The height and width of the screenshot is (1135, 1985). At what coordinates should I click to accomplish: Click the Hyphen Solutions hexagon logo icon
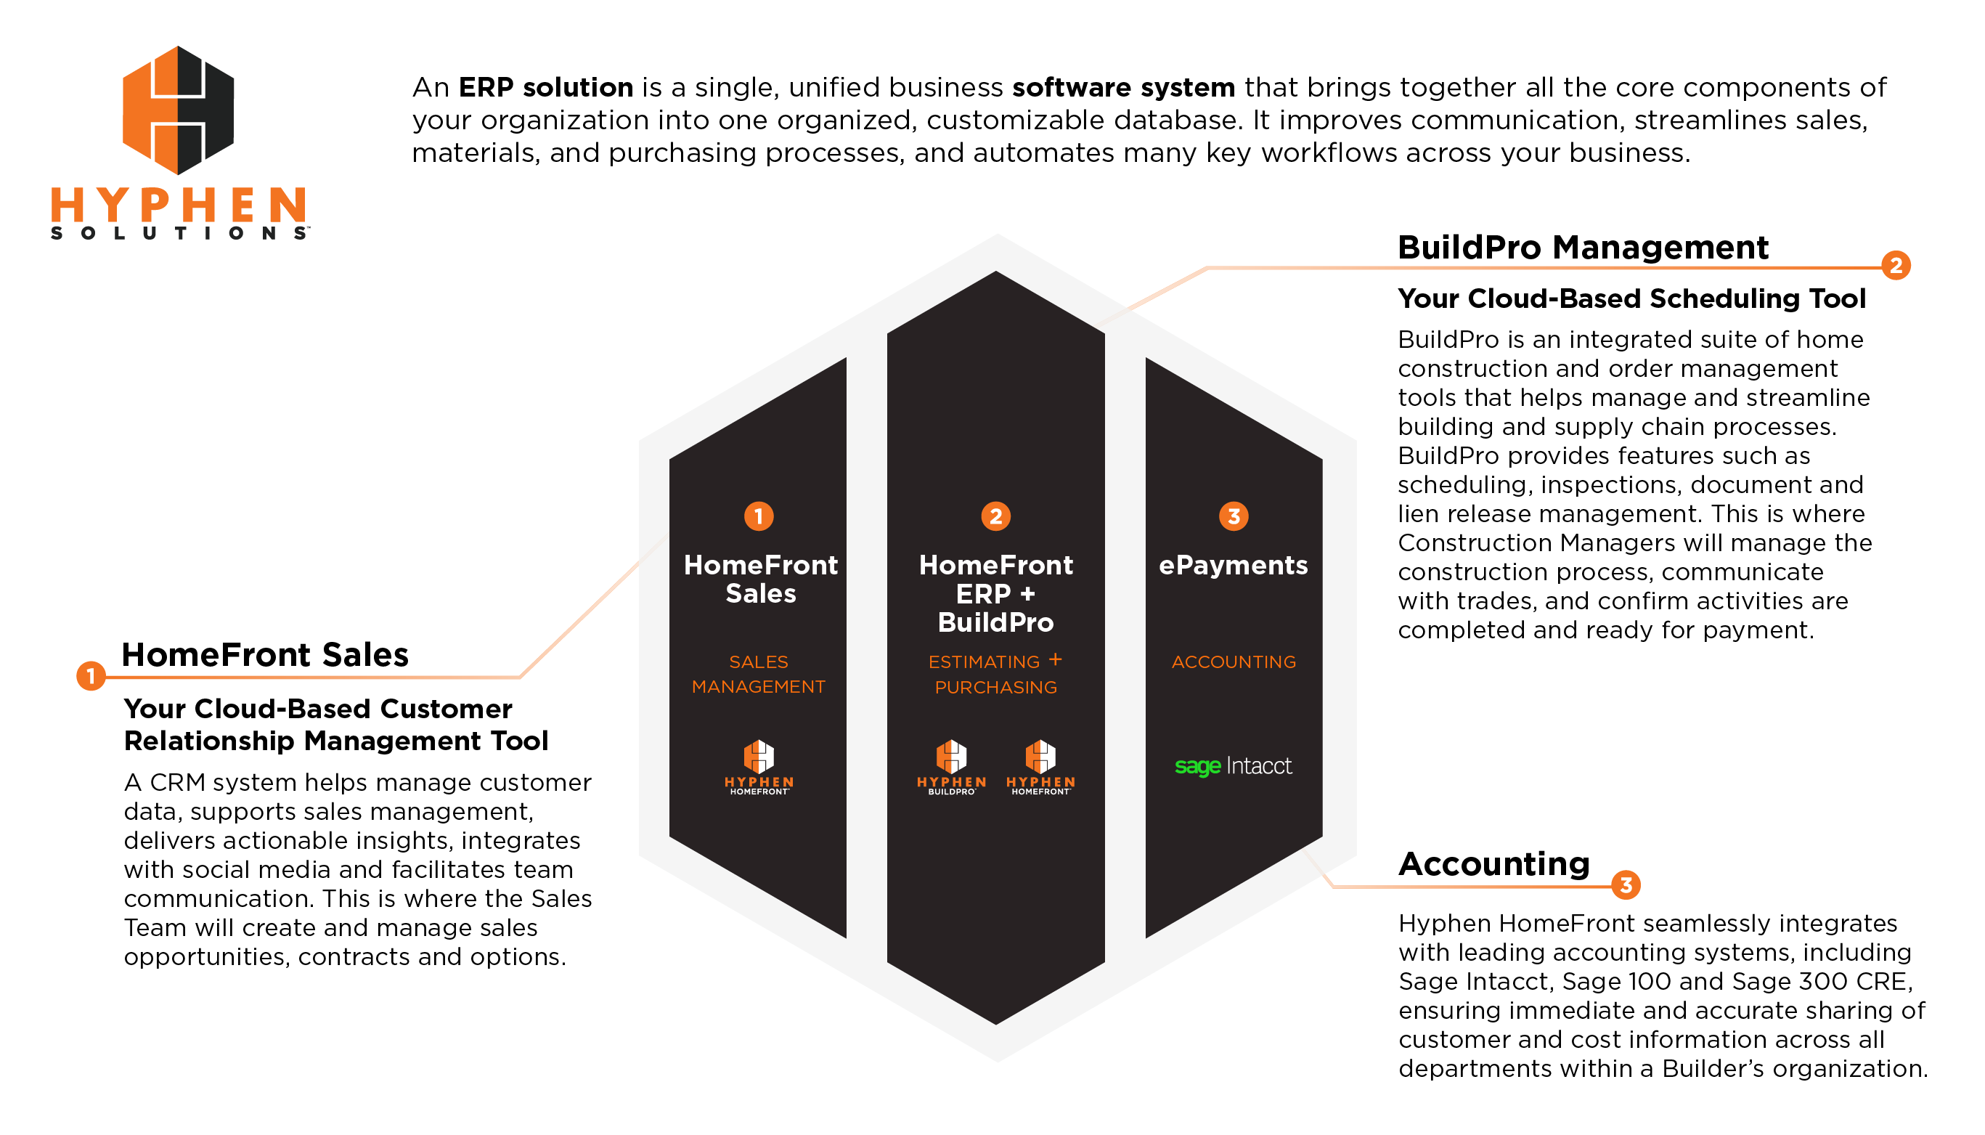(179, 110)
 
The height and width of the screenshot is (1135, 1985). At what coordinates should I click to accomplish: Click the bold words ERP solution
(545, 87)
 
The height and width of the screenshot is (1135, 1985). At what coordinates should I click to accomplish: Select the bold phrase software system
(1123, 87)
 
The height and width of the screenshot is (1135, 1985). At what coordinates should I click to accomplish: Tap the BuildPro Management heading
(1582, 248)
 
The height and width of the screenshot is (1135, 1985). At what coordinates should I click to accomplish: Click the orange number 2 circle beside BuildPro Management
(1896, 266)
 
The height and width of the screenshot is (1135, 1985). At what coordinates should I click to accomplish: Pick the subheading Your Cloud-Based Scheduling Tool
(1631, 298)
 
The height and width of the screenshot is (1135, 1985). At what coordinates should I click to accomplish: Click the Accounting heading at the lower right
(1493, 863)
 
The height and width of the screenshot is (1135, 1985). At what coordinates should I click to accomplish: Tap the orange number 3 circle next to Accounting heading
(1626, 884)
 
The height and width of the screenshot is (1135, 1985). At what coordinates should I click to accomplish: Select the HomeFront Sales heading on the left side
(265, 655)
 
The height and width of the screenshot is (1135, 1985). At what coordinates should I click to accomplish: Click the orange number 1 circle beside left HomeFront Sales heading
(91, 675)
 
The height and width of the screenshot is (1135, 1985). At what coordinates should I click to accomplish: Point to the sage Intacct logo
(1233, 766)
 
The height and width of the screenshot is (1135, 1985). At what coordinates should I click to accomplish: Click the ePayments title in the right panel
(1233, 565)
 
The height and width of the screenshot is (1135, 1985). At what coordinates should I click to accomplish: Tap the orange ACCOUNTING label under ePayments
(1233, 662)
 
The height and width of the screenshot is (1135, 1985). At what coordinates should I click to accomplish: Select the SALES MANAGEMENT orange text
(758, 675)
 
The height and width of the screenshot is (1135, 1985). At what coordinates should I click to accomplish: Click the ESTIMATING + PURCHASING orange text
(995, 675)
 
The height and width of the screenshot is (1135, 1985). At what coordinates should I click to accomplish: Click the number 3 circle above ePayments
(1233, 516)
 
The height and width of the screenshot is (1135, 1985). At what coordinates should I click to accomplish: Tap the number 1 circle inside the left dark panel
(758, 516)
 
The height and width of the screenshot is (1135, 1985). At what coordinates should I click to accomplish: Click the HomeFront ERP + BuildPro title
(995, 593)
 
